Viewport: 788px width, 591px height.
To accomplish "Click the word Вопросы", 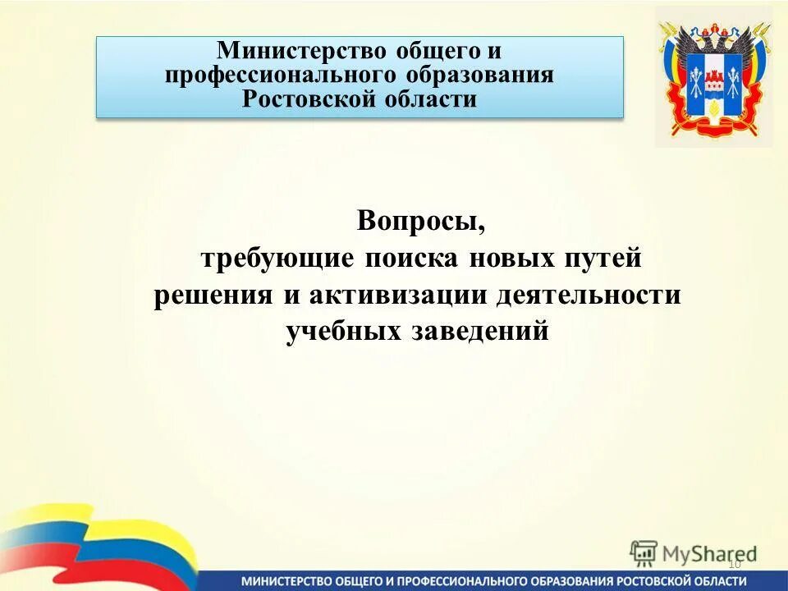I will pos(415,222).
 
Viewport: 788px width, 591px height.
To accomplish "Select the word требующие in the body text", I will pos(266,259).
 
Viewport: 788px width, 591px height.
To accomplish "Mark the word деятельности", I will pos(588,295).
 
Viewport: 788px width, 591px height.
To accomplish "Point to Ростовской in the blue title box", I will pos(305,100).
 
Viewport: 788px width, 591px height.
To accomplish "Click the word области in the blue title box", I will pos(427,100).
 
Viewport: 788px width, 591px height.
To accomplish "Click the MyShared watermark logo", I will pos(694,553).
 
